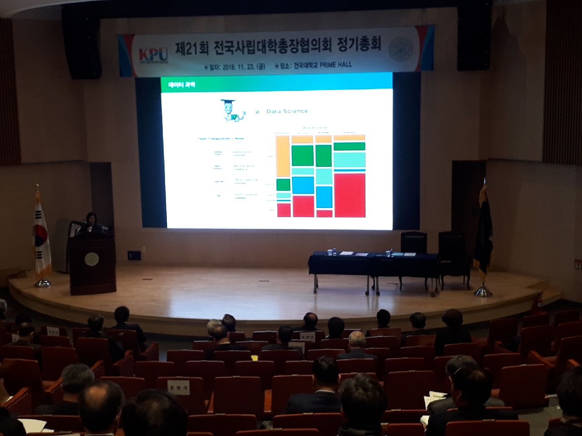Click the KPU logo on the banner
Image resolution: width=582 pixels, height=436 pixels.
pos(153,55)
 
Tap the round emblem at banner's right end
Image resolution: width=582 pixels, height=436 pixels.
pos(401,49)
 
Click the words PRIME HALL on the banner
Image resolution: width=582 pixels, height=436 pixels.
pos(336,65)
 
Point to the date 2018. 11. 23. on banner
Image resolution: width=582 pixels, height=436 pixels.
pos(237,67)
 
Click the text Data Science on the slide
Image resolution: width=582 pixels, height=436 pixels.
pos(287,111)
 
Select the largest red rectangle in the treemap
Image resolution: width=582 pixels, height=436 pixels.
pos(350,195)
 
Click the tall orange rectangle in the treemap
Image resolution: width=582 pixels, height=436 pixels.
pos(282,156)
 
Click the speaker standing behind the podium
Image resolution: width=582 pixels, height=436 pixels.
pos(91,223)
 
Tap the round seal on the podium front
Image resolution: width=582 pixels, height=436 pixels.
pos(91,259)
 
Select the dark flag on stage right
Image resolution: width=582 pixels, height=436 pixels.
pos(483,232)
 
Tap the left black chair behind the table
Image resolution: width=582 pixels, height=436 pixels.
pos(413,243)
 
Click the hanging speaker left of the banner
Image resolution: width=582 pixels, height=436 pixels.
pos(82,43)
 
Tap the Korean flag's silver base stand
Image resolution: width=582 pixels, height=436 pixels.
pos(42,283)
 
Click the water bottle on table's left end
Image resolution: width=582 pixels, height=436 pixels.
pos(334,251)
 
